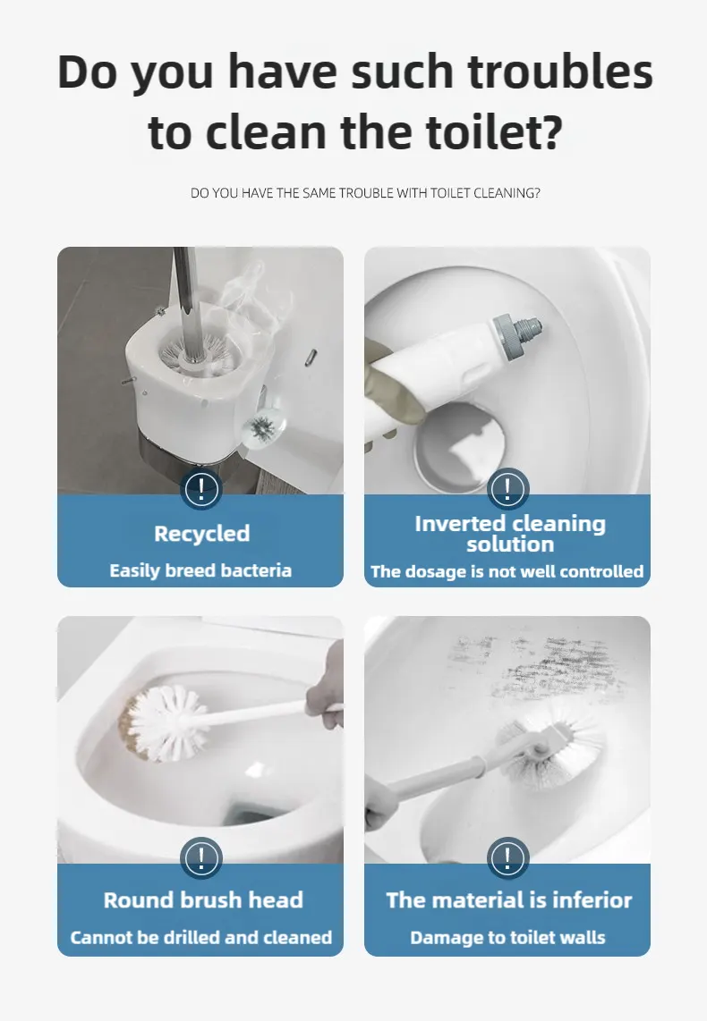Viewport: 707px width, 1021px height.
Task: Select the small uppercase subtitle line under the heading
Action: pyautogui.click(x=365, y=193)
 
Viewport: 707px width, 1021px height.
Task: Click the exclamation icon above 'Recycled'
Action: pyautogui.click(x=201, y=488)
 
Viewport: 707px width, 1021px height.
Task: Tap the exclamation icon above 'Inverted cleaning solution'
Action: pyautogui.click(x=507, y=488)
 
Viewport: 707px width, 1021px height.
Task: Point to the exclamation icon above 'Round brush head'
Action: pyautogui.click(x=201, y=858)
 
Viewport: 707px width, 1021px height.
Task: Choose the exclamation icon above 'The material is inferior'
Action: pyautogui.click(x=507, y=858)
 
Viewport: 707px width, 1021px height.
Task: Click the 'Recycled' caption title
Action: pyautogui.click(x=202, y=533)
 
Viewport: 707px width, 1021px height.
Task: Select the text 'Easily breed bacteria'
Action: pyautogui.click(x=200, y=570)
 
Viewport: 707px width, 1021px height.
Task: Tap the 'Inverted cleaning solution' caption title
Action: pyautogui.click(x=510, y=534)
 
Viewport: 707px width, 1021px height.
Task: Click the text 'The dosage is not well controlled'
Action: pyautogui.click(x=507, y=571)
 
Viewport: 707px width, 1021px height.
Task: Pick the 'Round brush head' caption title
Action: pyautogui.click(x=203, y=900)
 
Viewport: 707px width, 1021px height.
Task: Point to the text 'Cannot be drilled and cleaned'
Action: pyautogui.click(x=201, y=937)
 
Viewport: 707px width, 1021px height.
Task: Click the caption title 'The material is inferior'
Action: pyautogui.click(x=509, y=900)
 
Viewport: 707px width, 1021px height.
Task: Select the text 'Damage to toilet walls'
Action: pyautogui.click(x=507, y=937)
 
